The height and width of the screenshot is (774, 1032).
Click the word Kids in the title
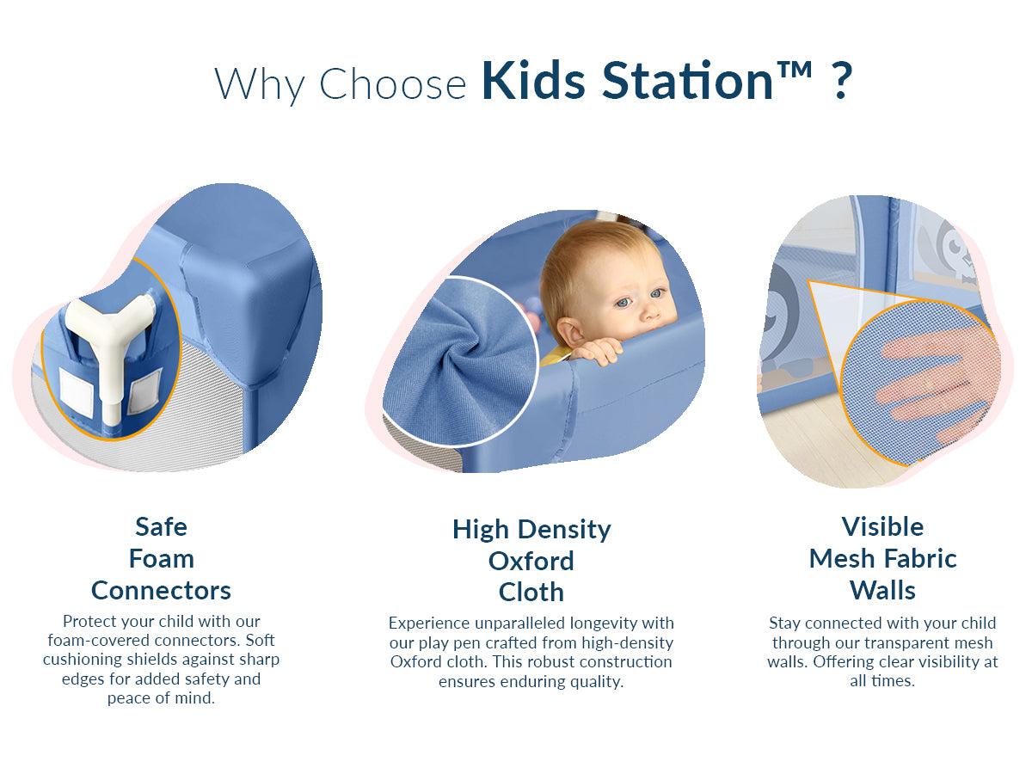point(534,80)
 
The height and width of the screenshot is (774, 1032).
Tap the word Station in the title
point(688,80)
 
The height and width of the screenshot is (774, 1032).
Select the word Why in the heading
point(260,85)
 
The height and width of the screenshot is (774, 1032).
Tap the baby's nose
point(650,310)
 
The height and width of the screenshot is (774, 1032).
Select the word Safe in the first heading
point(162,527)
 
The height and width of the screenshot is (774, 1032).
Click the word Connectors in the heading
point(162,591)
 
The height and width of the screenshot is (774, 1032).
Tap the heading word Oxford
point(531,561)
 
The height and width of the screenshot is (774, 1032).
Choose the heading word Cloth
point(531,593)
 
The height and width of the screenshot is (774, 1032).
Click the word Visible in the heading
point(882,527)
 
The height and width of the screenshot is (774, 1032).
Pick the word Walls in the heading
point(882,591)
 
